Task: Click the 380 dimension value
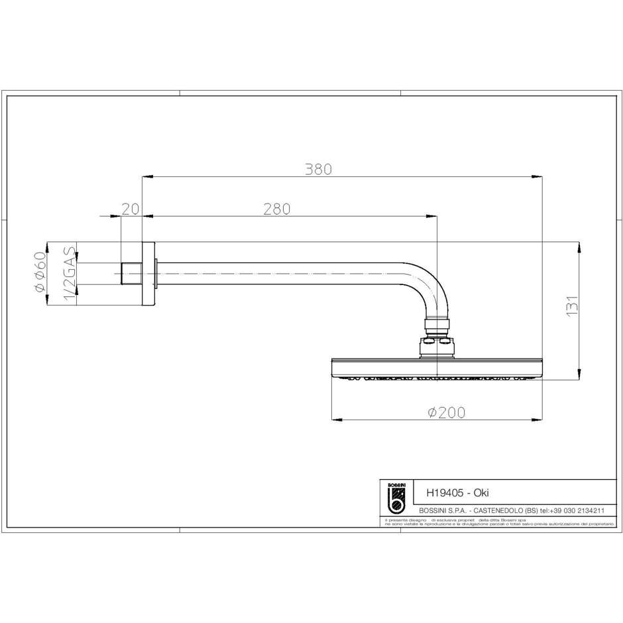pyautogui.click(x=318, y=169)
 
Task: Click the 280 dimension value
pyautogui.click(x=277, y=209)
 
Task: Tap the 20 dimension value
pyautogui.click(x=131, y=209)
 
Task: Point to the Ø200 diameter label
pyautogui.click(x=446, y=412)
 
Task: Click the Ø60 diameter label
pyautogui.click(x=40, y=272)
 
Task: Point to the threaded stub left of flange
pyautogui.click(x=132, y=274)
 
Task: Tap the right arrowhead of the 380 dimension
pyautogui.click(x=538, y=176)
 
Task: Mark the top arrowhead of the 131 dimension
pyautogui.click(x=581, y=246)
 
